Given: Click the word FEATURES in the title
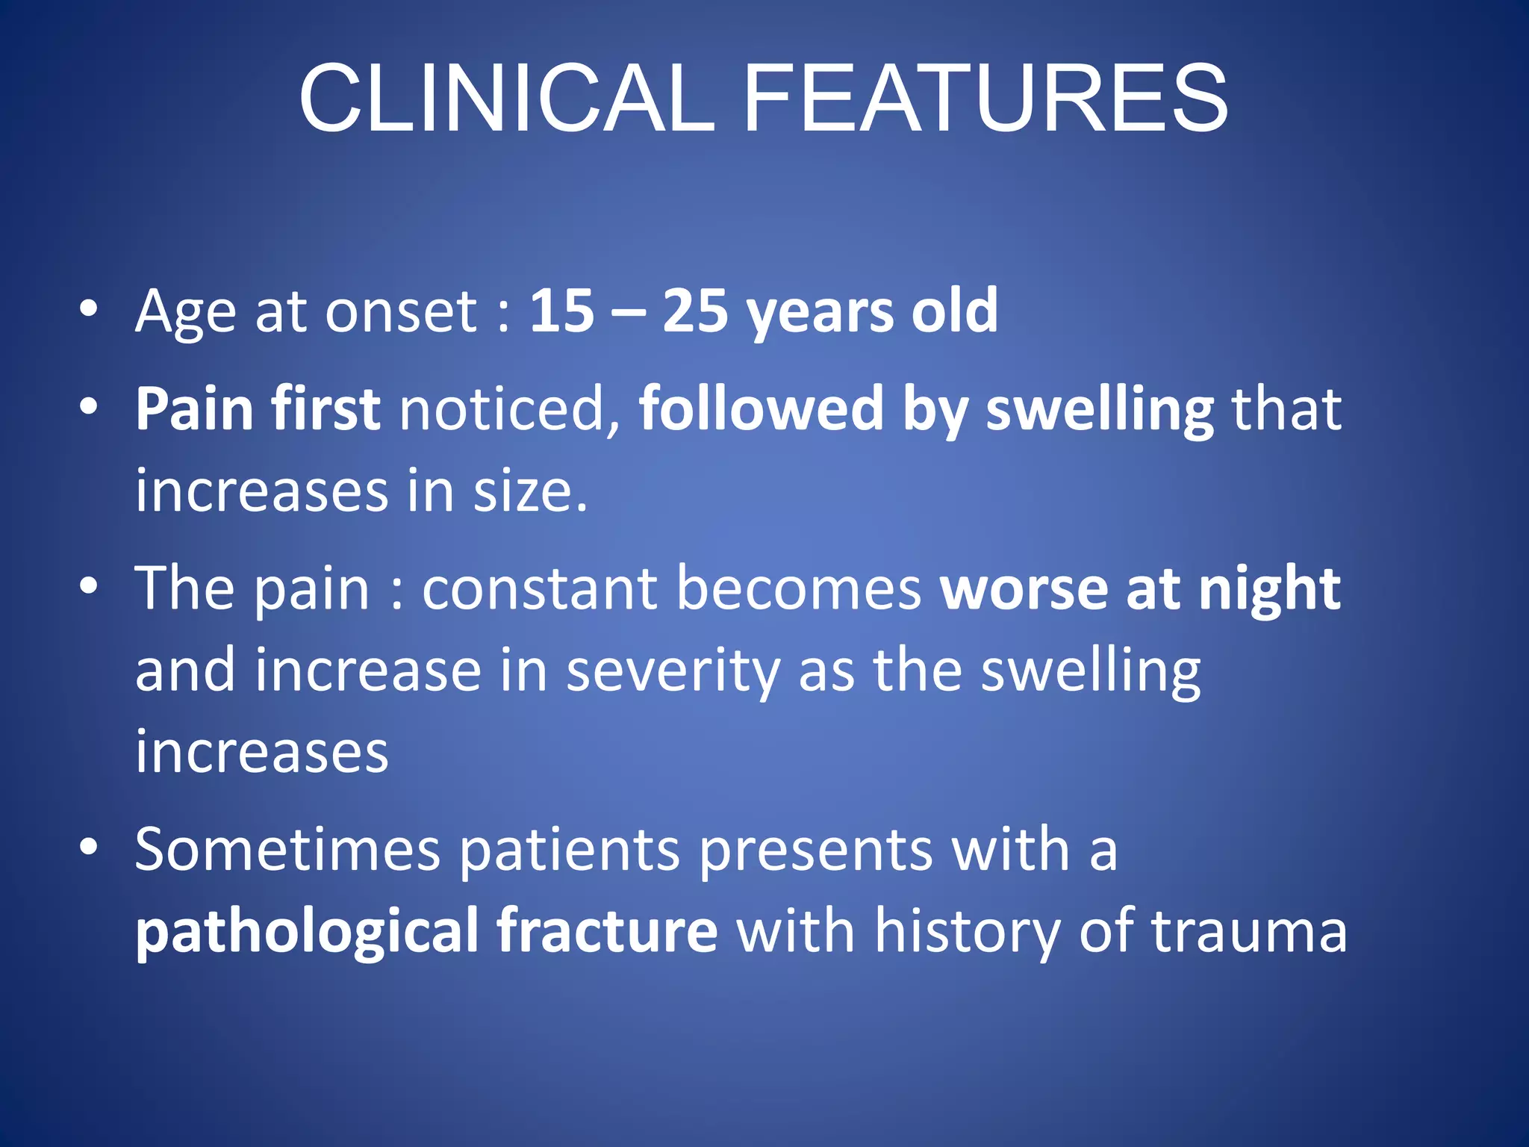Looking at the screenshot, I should [x=985, y=99].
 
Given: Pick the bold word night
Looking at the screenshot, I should [x=1269, y=590].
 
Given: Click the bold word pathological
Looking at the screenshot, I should [x=306, y=932].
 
